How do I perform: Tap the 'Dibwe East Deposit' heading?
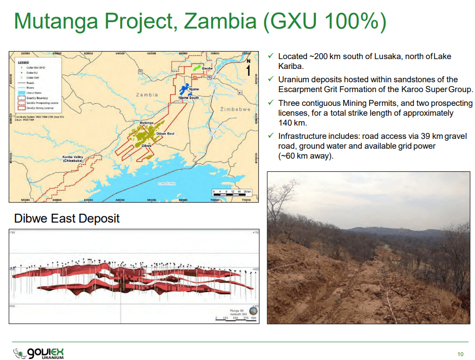point(67,218)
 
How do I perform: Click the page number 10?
point(460,354)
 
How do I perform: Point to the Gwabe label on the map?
point(207,68)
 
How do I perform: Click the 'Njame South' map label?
point(189,98)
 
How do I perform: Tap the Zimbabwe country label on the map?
point(235,109)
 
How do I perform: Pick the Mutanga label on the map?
point(147,123)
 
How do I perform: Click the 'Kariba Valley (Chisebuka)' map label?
point(72,159)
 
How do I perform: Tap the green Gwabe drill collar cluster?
point(196,68)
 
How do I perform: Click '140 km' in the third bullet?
point(292,123)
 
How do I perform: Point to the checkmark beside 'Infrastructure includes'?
point(270,136)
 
